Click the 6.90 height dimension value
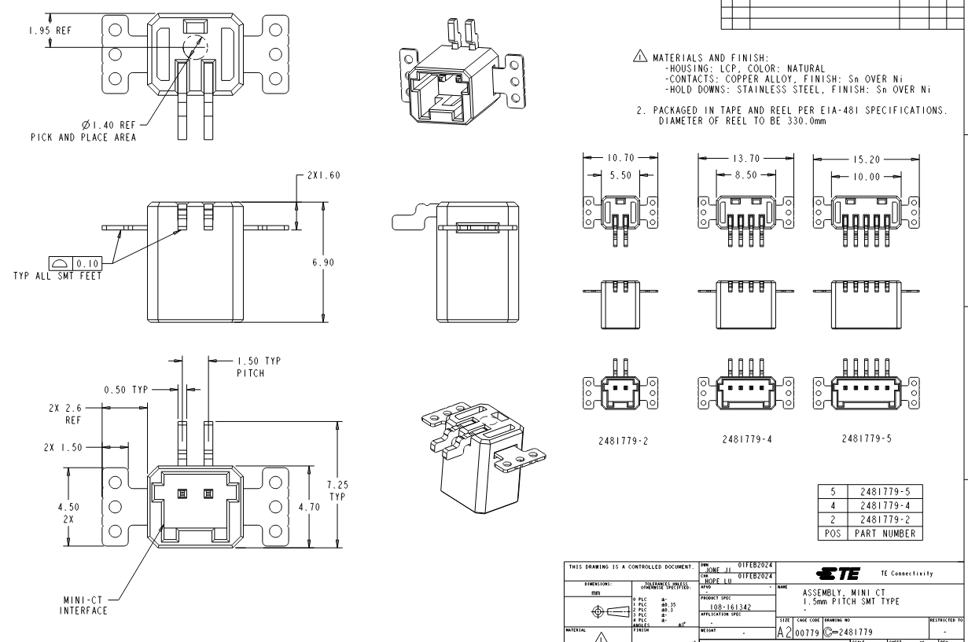click(322, 262)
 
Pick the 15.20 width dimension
click(870, 157)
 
